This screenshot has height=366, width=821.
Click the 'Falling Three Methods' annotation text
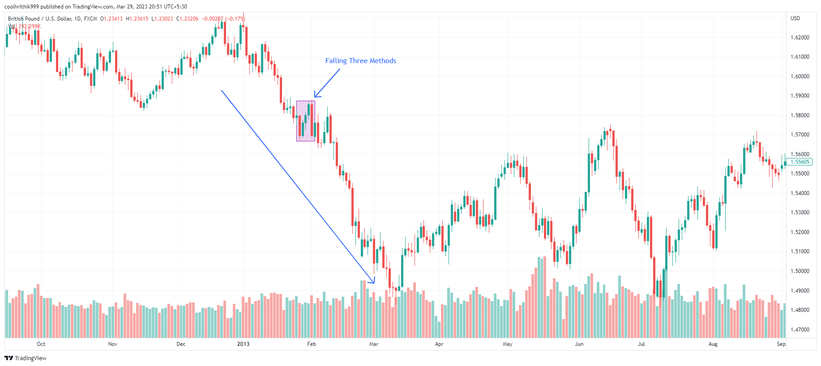(360, 61)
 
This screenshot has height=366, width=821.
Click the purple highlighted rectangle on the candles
(305, 121)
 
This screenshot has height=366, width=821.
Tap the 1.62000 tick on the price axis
(800, 38)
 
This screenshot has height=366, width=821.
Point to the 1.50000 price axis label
(800, 271)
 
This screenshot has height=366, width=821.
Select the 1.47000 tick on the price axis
(800, 330)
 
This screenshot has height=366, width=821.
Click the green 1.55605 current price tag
(800, 162)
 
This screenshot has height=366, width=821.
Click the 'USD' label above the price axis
(795, 18)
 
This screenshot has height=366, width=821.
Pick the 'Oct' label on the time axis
(41, 344)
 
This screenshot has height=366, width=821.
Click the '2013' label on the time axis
(243, 344)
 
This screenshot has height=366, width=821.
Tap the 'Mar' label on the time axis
(374, 344)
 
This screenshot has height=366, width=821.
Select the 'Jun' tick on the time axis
(579, 344)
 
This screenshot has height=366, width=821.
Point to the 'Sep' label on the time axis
(781, 344)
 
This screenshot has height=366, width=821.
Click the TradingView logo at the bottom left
(26, 358)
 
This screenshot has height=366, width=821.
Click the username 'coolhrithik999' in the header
(21, 7)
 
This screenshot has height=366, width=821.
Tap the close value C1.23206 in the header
(188, 19)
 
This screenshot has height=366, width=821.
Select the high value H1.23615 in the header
(137, 19)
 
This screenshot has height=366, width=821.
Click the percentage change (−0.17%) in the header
(235, 19)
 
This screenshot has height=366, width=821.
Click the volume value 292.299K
(30, 26)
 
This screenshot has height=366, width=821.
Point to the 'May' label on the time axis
(508, 344)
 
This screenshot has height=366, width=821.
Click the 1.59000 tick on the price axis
(800, 96)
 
